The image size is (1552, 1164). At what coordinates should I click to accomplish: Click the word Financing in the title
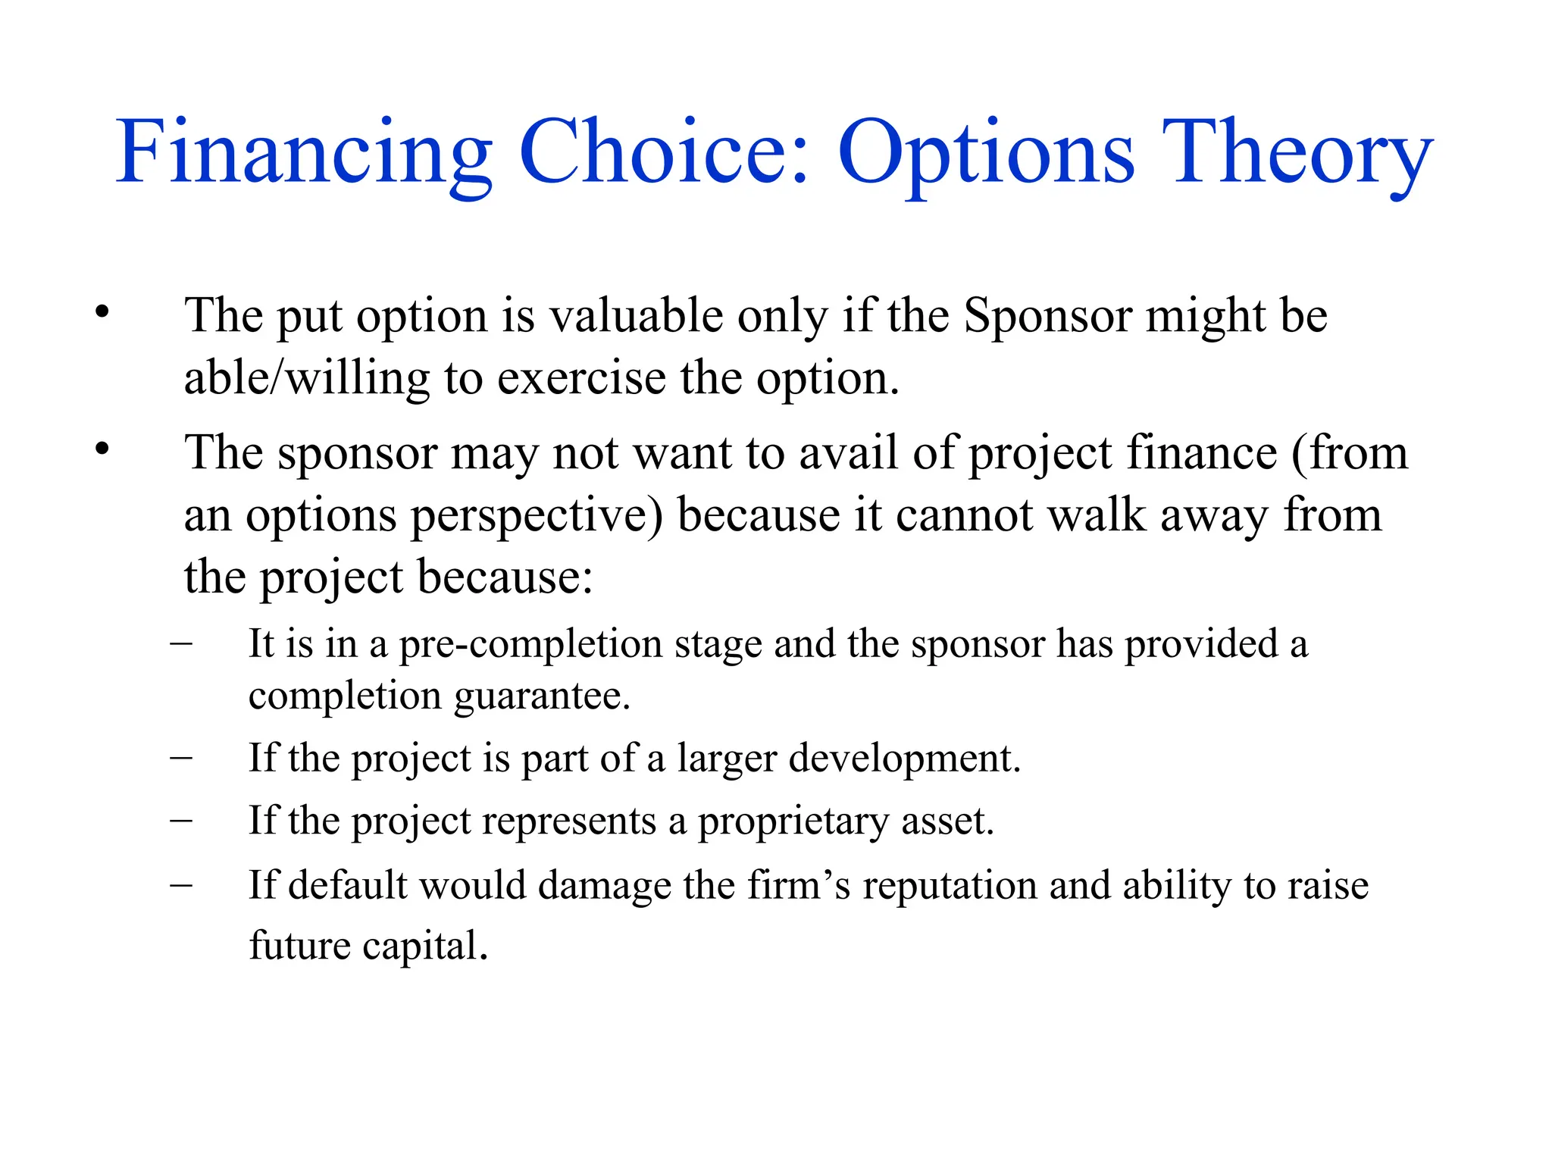tap(303, 154)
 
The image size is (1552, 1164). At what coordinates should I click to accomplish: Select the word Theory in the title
tap(1297, 154)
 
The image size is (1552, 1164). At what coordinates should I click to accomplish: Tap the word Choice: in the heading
tap(664, 154)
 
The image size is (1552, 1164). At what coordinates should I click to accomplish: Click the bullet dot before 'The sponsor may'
tap(102, 449)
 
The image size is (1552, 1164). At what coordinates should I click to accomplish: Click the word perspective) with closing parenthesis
tap(537, 517)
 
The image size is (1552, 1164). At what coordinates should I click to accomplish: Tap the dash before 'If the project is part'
tap(181, 757)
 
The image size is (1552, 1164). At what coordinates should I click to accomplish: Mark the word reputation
tap(949, 887)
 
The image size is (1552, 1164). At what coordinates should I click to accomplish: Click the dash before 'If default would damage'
tap(181, 884)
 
